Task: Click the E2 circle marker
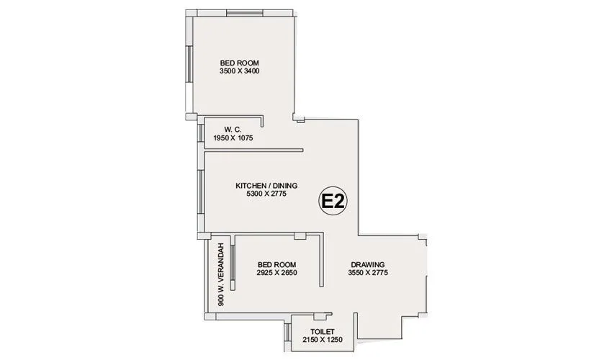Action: point(333,202)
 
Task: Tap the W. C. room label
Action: point(232,129)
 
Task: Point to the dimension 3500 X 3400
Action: point(240,71)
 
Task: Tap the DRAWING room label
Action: point(368,264)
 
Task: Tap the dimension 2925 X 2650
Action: point(277,273)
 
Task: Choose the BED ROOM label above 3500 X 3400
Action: point(240,63)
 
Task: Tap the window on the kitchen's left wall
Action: point(201,190)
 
